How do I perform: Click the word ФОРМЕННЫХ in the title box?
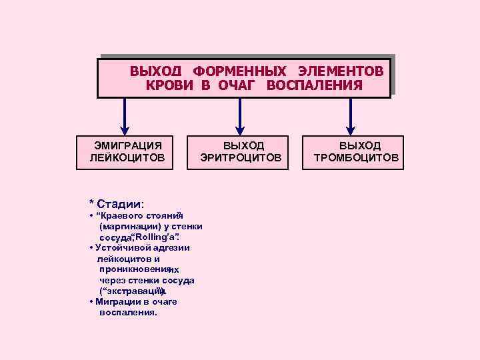click(240, 71)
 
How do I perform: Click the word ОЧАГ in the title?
click(237, 85)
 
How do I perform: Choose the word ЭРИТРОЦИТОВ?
click(241, 158)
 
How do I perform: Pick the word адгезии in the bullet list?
click(171, 247)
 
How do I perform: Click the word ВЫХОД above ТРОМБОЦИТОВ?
click(360, 145)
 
